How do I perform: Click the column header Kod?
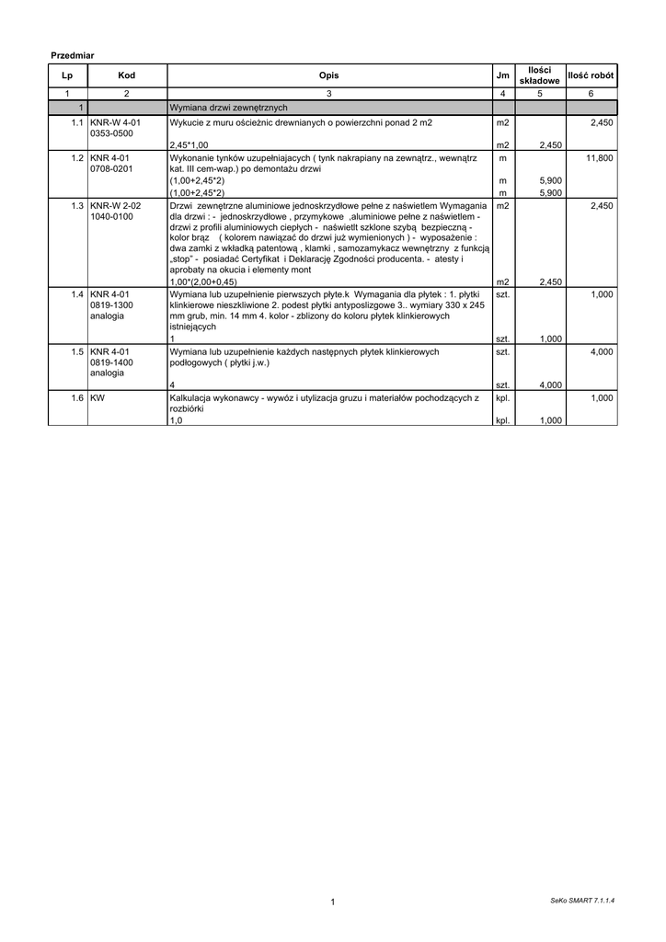coord(126,75)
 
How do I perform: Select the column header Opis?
coord(328,75)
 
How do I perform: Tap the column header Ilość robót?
coord(592,75)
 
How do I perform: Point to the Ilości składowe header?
coord(540,75)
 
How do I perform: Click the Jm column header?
coord(502,75)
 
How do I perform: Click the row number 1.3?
coord(78,206)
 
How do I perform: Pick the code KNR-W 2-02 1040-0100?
coord(115,212)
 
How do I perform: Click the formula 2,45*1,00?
coord(189,145)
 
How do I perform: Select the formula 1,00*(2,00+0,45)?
coord(203,281)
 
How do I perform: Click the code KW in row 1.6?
coord(98,397)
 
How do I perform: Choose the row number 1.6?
coord(78,397)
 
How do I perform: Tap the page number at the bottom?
coord(332,902)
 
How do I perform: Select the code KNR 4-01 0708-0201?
coord(111,164)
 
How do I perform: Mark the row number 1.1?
coord(78,121)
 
